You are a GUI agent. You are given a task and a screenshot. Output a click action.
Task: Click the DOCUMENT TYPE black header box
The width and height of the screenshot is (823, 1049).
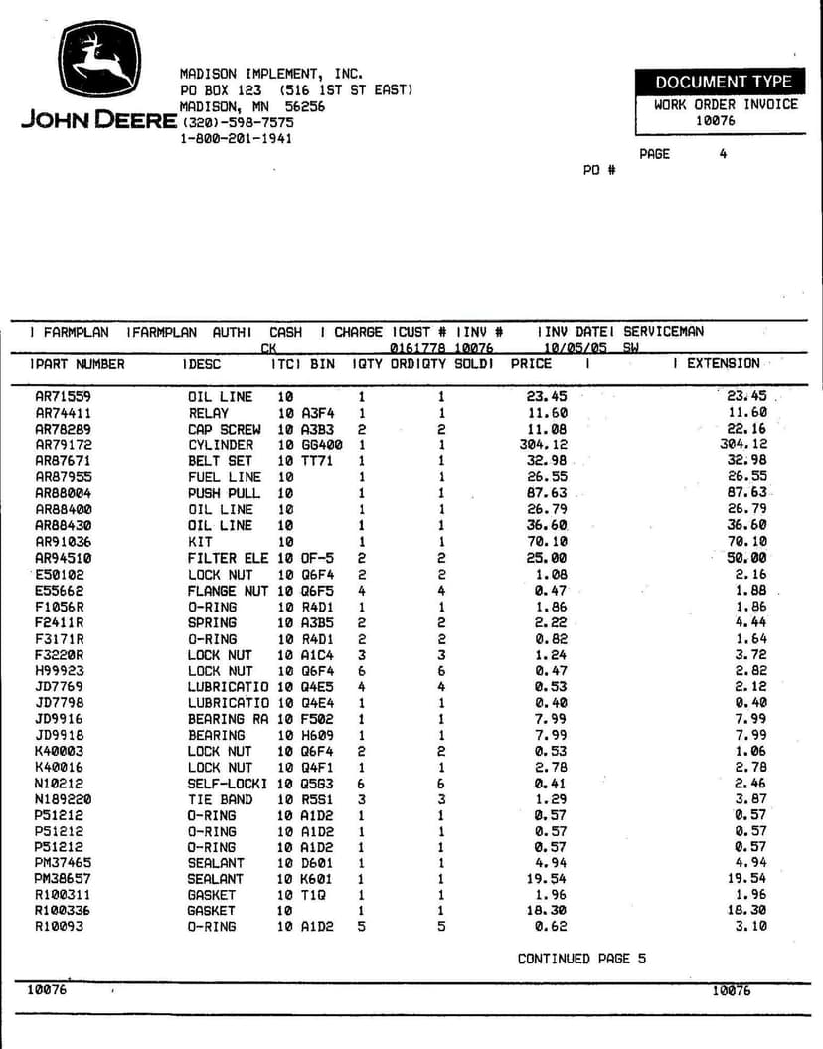[x=723, y=83]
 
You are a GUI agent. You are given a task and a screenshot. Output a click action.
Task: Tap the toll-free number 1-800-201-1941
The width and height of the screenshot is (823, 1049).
[x=236, y=138]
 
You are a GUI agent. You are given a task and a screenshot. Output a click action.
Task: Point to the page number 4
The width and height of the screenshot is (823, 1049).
[x=723, y=154]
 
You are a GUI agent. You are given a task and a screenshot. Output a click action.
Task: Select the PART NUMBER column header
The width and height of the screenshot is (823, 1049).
[x=81, y=364]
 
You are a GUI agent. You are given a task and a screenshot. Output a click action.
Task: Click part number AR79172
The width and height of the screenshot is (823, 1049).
[x=64, y=445]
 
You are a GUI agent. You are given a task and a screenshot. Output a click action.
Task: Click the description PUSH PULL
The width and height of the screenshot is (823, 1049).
[x=224, y=493]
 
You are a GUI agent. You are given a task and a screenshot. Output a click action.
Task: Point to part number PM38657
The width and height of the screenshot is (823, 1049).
[x=63, y=879]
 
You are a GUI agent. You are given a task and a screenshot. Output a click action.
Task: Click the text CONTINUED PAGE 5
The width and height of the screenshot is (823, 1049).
[x=581, y=959]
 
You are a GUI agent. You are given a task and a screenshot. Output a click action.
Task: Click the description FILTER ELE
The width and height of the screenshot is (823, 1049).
[x=228, y=559]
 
